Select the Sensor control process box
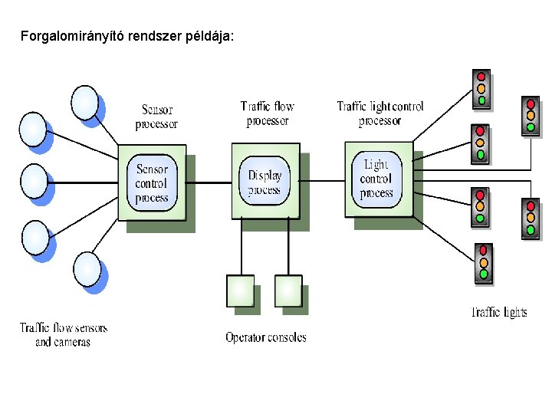tap(151, 182)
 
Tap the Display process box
tap(264, 182)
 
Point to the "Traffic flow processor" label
tap(267, 113)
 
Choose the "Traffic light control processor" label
tap(379, 113)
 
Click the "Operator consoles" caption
tap(265, 337)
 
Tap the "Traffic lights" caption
tap(499, 312)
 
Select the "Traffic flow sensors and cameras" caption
tap(64, 335)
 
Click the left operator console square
tap(240, 290)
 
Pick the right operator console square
tap(287, 290)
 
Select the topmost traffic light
tap(481, 88)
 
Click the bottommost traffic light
tap(483, 262)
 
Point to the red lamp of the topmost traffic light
tap(481, 77)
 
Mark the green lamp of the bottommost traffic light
tap(484, 274)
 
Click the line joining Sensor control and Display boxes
tap(209, 182)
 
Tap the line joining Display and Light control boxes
tap(321, 181)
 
